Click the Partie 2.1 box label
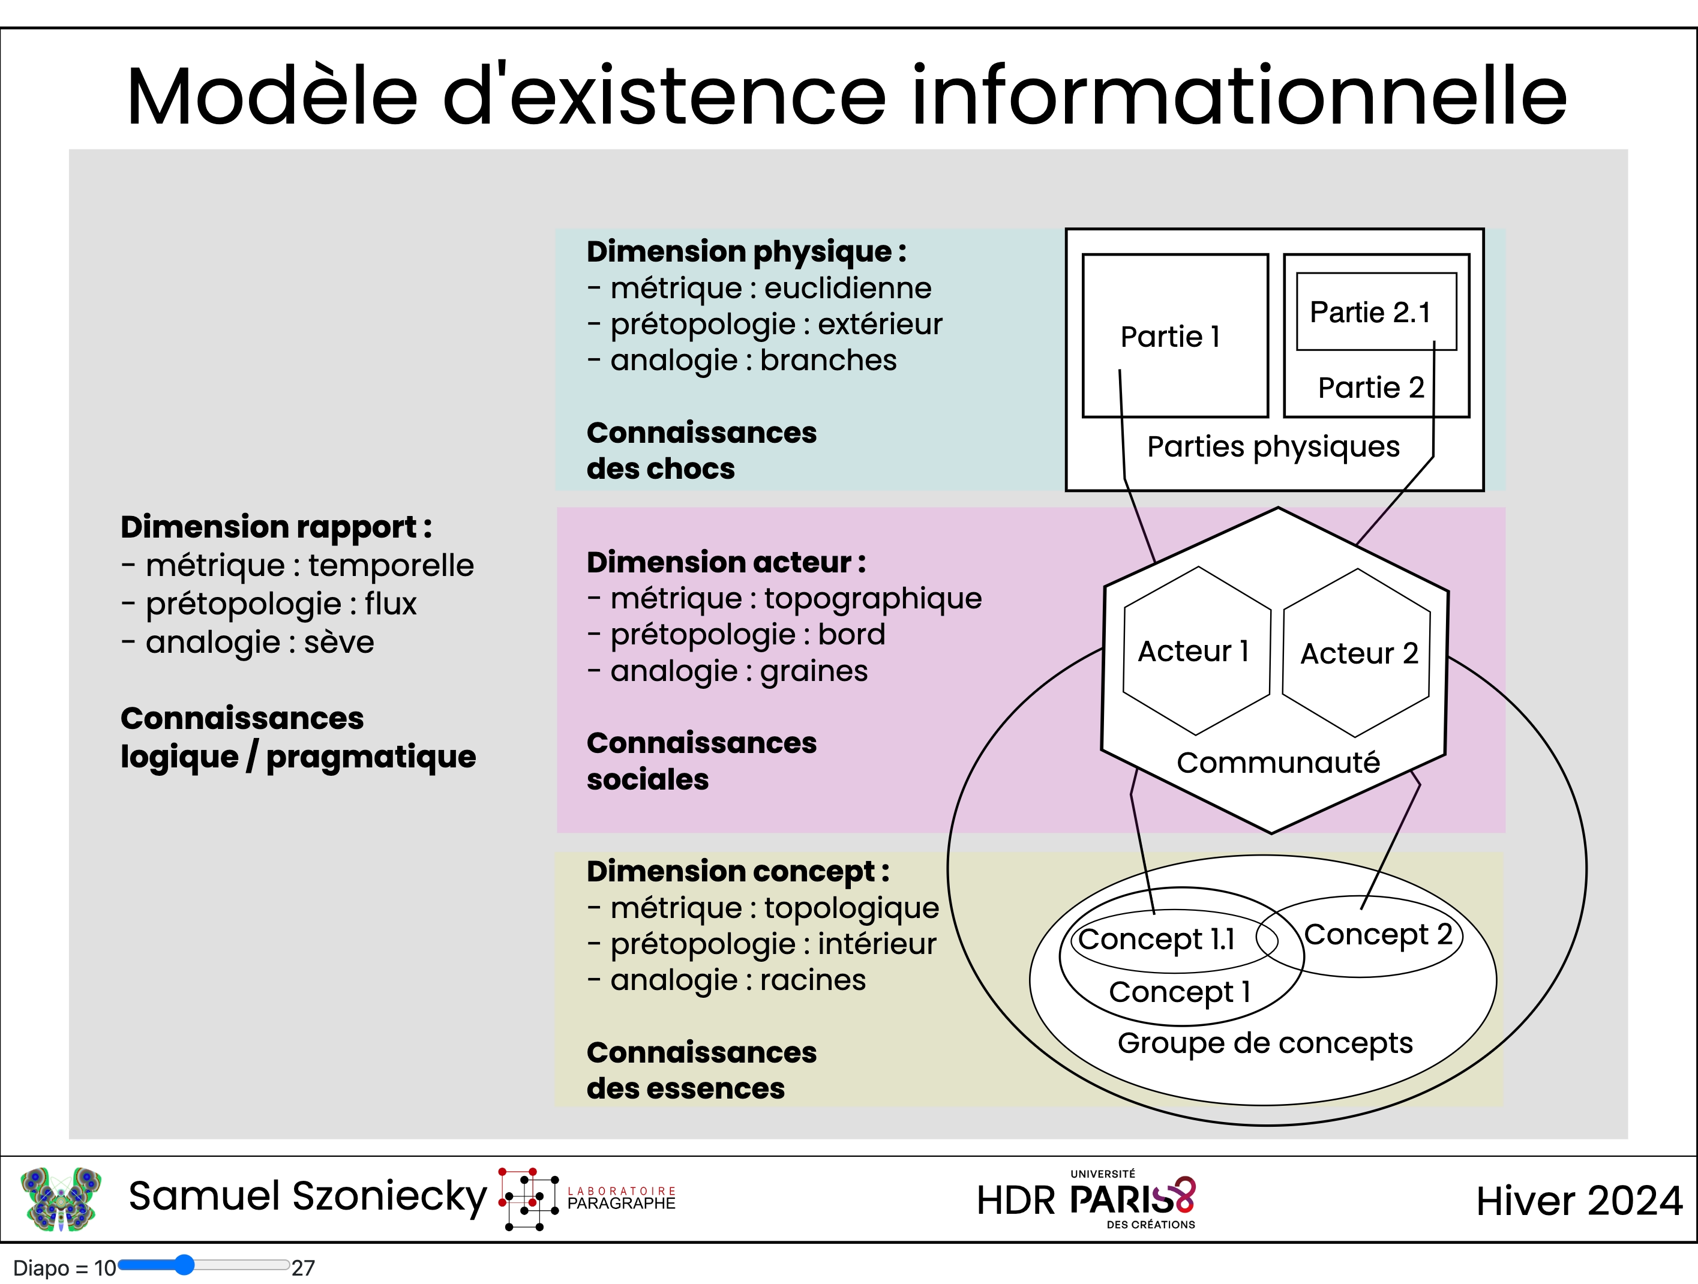coord(1370,313)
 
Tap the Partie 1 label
coord(1170,337)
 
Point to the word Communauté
coord(1278,763)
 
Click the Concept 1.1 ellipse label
coord(1156,938)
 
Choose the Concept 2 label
coord(1378,935)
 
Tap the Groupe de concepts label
coord(1265,1043)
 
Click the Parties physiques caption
coord(1273,446)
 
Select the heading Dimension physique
coord(746,252)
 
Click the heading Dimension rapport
coord(277,527)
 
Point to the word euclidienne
coord(847,289)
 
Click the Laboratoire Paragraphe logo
coord(588,1199)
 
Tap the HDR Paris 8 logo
coord(1086,1199)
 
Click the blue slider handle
coord(184,1265)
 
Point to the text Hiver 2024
coord(1579,1201)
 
